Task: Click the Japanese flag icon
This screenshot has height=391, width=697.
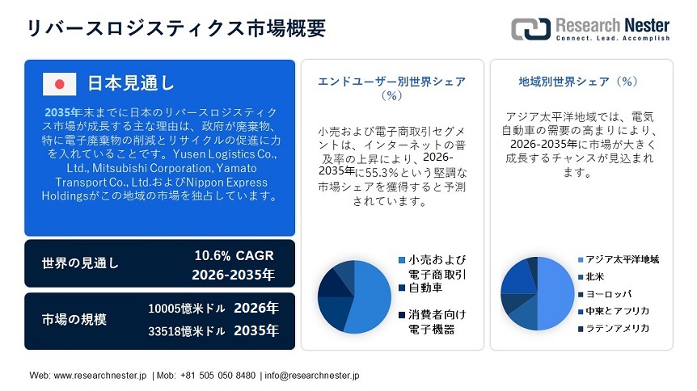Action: (x=59, y=83)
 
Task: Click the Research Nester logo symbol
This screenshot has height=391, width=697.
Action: (x=530, y=29)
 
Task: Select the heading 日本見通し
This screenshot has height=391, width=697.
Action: (x=130, y=83)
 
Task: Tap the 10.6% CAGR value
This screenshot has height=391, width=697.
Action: (x=234, y=255)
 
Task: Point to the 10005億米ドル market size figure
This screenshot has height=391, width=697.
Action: (x=187, y=309)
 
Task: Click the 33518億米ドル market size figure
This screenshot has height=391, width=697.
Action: (x=187, y=330)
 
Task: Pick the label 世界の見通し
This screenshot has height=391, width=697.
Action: (x=80, y=264)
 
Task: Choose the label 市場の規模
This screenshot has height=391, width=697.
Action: (x=74, y=319)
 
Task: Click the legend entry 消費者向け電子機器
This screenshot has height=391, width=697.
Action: (x=437, y=321)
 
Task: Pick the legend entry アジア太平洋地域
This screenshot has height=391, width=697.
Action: (x=623, y=259)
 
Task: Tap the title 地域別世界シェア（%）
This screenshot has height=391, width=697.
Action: (x=579, y=82)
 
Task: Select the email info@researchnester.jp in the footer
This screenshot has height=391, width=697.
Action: (x=312, y=376)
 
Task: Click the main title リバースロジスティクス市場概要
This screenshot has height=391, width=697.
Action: (x=175, y=28)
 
